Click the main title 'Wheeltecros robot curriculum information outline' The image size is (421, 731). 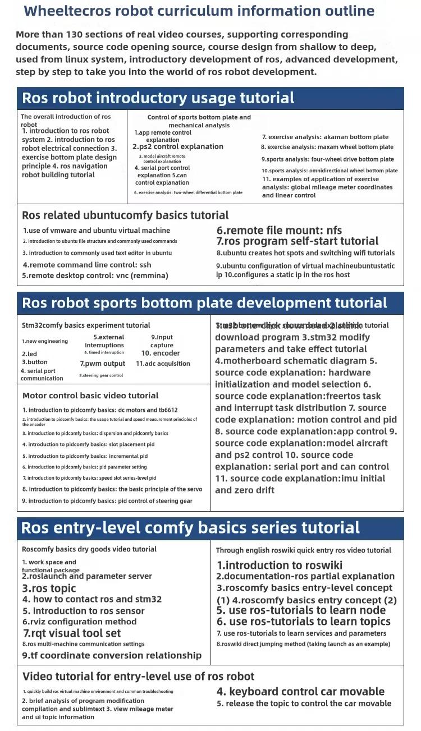point(199,11)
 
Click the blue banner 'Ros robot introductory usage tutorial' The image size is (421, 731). point(158,98)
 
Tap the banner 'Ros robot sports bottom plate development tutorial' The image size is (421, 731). point(204,303)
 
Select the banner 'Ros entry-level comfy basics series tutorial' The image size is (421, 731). point(190,528)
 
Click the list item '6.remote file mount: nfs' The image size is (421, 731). point(279,230)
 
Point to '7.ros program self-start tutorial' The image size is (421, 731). point(298,241)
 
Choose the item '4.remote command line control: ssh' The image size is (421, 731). point(87,265)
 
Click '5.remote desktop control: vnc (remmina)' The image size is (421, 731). point(95,275)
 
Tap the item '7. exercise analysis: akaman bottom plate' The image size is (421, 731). point(325,137)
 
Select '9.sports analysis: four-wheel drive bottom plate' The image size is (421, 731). point(328,159)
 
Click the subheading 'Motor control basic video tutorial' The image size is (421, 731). point(90,396)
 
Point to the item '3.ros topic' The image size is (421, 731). point(49,589)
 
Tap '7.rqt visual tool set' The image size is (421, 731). point(72,633)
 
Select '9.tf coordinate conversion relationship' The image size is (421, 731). point(112,655)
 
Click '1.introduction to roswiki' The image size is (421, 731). point(280,566)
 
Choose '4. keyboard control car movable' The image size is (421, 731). point(300,692)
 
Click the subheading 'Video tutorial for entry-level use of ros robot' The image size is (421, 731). point(138,677)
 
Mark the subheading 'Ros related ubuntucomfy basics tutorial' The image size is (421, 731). point(125,215)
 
